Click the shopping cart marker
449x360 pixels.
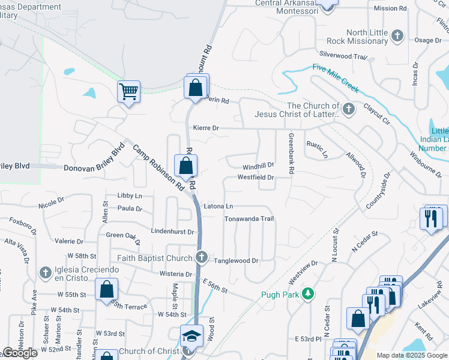point(128,92)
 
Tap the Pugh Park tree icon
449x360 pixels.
point(308,293)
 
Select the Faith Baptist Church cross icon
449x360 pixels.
point(203,257)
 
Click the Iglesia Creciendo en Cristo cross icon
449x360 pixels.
point(45,273)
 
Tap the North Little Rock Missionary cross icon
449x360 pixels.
point(396,36)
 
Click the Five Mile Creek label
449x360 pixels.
point(335,78)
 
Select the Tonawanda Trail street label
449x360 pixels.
point(249,219)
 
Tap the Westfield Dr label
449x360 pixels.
point(255,178)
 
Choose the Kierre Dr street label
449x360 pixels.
point(206,128)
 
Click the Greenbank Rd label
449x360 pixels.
point(291,154)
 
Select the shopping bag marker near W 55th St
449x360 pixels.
point(106,289)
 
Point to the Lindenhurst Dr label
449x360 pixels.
point(172,232)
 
